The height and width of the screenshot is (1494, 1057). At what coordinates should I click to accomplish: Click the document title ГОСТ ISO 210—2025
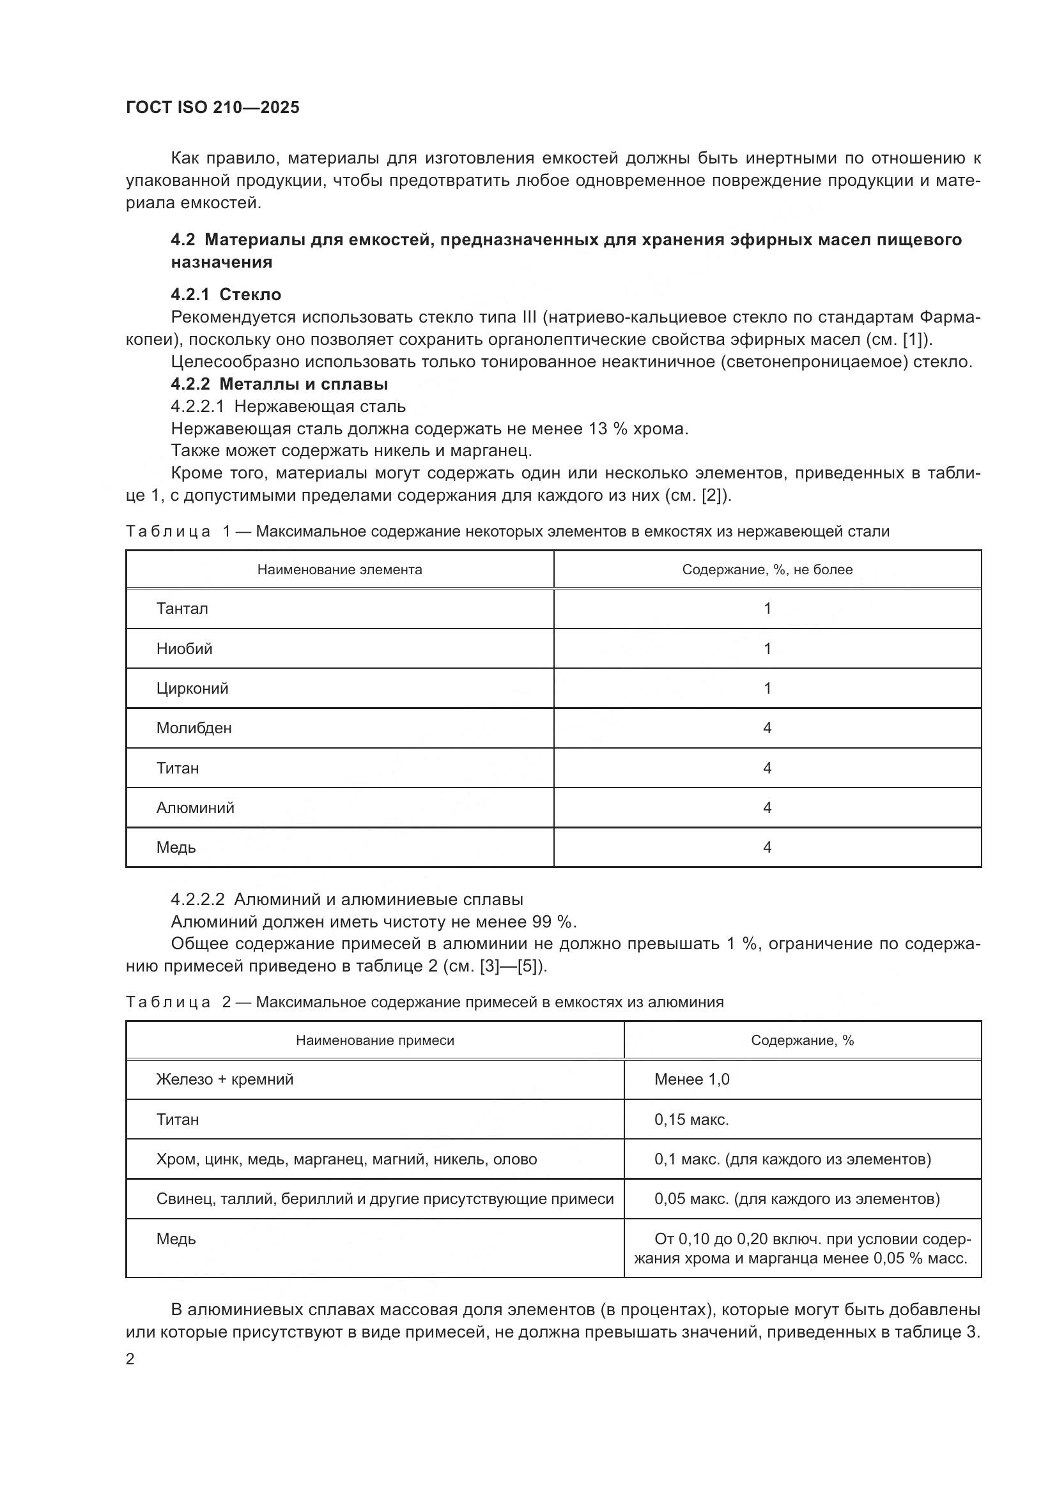pos(212,107)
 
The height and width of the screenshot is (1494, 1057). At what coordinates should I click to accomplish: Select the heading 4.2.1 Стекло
pos(226,294)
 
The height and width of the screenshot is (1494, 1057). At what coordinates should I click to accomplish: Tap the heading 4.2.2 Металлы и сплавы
pos(279,384)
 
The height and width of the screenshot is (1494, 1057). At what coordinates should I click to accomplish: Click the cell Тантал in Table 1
pos(182,609)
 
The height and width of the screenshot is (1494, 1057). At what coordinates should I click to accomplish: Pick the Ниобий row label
pos(184,649)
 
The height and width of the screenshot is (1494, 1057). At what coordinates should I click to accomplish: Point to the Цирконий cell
pos(192,689)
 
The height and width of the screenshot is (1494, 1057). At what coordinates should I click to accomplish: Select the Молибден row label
pos(194,728)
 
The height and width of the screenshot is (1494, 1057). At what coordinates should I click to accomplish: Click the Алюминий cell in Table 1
pos(196,807)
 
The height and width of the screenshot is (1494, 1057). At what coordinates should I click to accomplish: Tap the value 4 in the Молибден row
pos(767,728)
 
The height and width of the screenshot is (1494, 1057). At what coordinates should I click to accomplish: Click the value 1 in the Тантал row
pos(767,609)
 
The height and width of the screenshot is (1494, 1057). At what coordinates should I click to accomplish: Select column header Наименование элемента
pos(339,570)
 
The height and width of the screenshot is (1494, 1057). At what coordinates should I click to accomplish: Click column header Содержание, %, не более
pos(767,570)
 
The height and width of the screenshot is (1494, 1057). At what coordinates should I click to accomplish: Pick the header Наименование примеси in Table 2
pos(375,1040)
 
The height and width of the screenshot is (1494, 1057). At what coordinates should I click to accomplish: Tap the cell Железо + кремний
pos(224,1079)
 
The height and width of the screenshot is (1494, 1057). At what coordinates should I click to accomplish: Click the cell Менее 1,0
pos(691,1079)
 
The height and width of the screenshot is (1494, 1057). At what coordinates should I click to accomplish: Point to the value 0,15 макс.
pos(691,1120)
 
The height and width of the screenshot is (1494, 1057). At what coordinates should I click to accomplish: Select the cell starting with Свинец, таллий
pos(384,1200)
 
